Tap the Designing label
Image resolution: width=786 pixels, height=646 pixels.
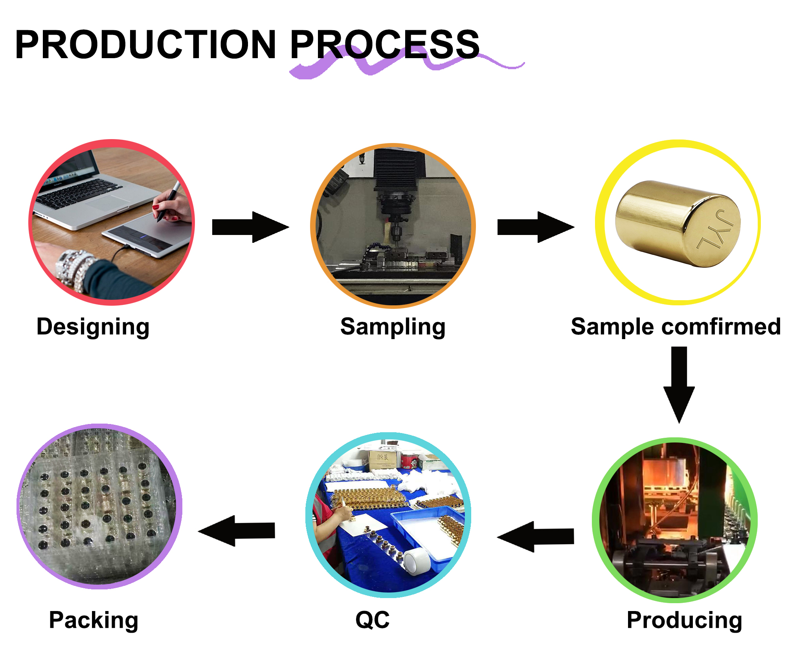point(93,327)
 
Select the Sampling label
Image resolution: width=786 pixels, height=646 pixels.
point(393,327)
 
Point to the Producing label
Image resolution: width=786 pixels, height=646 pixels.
point(684,620)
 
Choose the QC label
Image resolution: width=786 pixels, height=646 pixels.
point(372,620)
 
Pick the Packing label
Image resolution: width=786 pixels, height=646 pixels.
point(94,620)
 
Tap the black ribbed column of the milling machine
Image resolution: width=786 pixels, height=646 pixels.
point(395,169)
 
